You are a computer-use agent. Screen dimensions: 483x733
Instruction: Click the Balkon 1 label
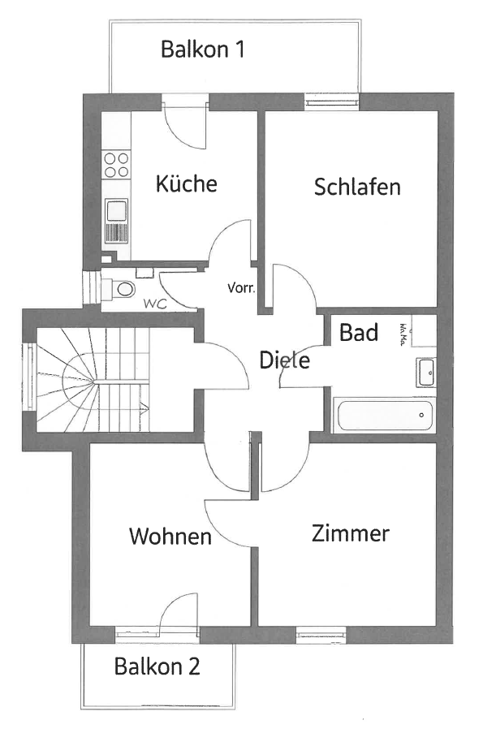click(202, 49)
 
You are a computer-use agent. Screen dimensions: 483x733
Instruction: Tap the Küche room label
click(187, 183)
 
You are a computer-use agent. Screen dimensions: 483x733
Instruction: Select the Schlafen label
click(357, 187)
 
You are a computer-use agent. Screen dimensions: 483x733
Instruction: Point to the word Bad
click(359, 332)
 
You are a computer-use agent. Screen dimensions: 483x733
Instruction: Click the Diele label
click(285, 360)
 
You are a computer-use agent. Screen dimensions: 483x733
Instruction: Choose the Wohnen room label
click(170, 537)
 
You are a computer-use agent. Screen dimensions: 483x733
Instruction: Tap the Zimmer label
click(351, 533)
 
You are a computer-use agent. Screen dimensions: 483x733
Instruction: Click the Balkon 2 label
click(157, 666)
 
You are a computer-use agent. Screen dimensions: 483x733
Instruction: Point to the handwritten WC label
click(155, 304)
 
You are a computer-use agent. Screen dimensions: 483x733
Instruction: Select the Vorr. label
click(241, 288)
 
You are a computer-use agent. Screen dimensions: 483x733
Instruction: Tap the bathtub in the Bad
click(384, 415)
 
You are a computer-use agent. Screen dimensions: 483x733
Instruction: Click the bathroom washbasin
click(426, 373)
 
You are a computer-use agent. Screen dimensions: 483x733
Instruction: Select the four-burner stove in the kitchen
click(116, 165)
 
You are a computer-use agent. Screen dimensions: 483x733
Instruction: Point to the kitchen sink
click(116, 221)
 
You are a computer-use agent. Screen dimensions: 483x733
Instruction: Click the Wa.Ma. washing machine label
click(403, 334)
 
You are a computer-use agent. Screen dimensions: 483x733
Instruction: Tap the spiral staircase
click(93, 380)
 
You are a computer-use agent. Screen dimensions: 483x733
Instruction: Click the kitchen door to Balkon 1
click(185, 122)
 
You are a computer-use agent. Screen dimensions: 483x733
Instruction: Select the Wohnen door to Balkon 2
click(179, 612)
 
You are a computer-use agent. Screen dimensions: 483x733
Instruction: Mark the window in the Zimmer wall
click(321, 634)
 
